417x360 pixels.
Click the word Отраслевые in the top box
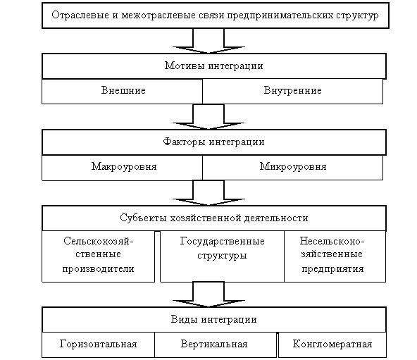(x=80, y=15)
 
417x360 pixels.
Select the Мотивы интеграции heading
(x=214, y=66)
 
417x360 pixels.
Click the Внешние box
(x=123, y=91)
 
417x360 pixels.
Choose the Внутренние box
(x=292, y=91)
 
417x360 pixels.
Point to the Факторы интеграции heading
(x=214, y=142)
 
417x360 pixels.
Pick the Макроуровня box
(x=123, y=168)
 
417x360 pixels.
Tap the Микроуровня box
(x=292, y=168)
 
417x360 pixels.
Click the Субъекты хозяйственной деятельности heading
(x=214, y=218)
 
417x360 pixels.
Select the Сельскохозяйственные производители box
(x=99, y=256)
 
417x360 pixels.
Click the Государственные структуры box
(x=222, y=256)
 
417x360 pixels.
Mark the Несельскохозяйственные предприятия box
(x=335, y=256)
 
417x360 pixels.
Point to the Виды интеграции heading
(x=214, y=320)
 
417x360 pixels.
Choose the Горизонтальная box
(x=99, y=345)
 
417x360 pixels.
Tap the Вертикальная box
(x=216, y=345)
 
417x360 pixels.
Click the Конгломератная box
(x=332, y=345)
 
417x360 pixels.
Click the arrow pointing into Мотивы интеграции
(x=208, y=41)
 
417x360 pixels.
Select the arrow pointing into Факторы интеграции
(x=208, y=117)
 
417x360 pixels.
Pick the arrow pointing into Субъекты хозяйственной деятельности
(x=208, y=193)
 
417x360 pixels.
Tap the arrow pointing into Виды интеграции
(x=208, y=294)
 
